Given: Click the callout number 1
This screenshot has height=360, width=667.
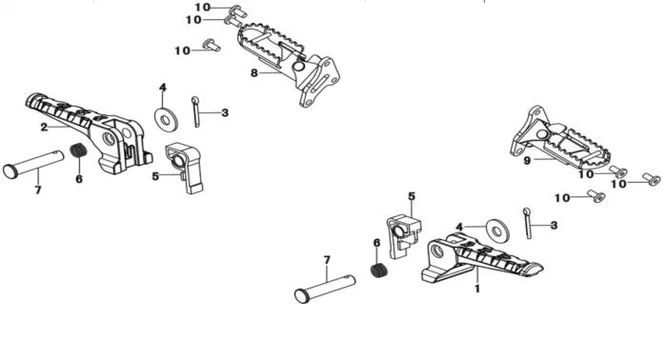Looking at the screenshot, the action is pyautogui.click(x=477, y=289).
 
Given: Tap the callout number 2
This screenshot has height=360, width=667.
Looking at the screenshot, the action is pyautogui.click(x=44, y=127).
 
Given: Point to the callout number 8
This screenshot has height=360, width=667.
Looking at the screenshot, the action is pyautogui.click(x=254, y=73).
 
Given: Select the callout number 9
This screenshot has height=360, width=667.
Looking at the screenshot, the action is pyautogui.click(x=527, y=161).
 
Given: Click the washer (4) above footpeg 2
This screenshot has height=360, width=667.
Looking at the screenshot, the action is pyautogui.click(x=166, y=119).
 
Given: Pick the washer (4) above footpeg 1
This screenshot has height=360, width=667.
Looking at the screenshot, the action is pyautogui.click(x=497, y=231).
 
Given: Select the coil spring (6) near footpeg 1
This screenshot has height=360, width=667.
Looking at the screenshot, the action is pyautogui.click(x=379, y=270).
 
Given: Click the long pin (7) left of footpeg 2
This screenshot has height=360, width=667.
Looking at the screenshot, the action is pyautogui.click(x=33, y=164).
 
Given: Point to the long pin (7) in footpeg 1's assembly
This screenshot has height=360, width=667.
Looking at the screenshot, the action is pyautogui.click(x=325, y=289).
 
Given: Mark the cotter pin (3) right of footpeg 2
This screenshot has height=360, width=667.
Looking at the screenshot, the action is pyautogui.click(x=195, y=111).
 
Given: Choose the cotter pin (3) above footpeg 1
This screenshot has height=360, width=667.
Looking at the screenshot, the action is pyautogui.click(x=528, y=223).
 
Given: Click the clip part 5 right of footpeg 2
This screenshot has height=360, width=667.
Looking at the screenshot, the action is pyautogui.click(x=184, y=168).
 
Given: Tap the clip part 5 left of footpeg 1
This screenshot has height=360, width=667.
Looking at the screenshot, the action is pyautogui.click(x=403, y=236).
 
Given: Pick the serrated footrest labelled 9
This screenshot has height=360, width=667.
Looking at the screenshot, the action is pyautogui.click(x=561, y=140).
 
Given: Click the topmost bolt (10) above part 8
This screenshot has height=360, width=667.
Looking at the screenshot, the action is pyautogui.click(x=237, y=10).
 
